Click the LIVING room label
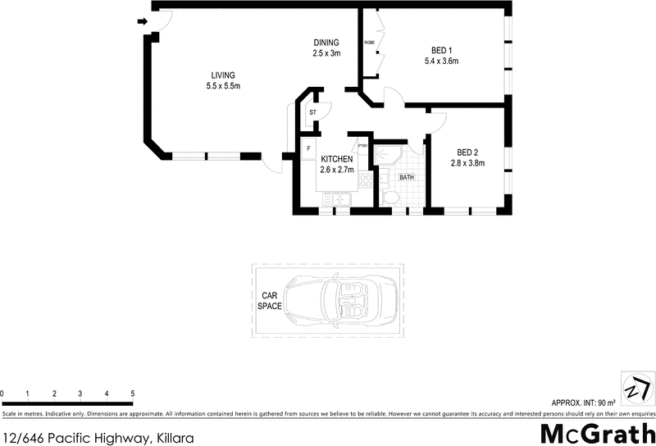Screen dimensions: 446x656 223,75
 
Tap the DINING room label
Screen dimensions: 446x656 326,43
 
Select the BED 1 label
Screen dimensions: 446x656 441,48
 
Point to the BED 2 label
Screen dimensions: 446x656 467,152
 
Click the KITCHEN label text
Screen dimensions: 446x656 336,159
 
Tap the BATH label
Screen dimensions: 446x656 407,177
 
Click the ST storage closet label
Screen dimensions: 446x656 312,111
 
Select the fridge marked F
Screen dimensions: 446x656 308,148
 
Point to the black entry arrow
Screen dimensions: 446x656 143,22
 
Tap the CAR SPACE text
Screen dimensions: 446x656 270,300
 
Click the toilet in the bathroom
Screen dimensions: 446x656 390,198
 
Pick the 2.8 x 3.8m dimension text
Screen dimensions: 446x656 467,163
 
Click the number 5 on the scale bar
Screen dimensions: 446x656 133,394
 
